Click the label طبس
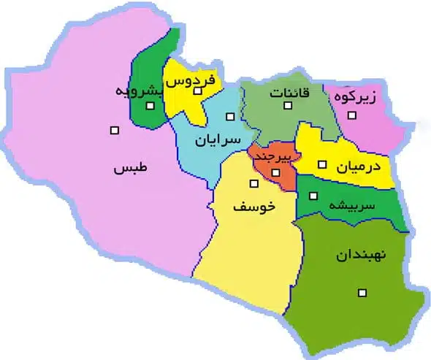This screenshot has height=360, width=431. [x=129, y=169]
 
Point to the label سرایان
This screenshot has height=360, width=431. [x=218, y=139]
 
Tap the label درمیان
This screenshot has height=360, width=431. [x=359, y=166]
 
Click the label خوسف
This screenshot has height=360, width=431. [x=253, y=207]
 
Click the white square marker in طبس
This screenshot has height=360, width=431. [x=114, y=131]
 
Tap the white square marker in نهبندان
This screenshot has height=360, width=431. [x=361, y=294]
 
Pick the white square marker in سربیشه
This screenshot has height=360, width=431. [x=313, y=195]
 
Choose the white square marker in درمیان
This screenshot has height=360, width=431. [x=322, y=165]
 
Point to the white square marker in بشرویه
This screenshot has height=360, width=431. [x=150, y=107]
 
